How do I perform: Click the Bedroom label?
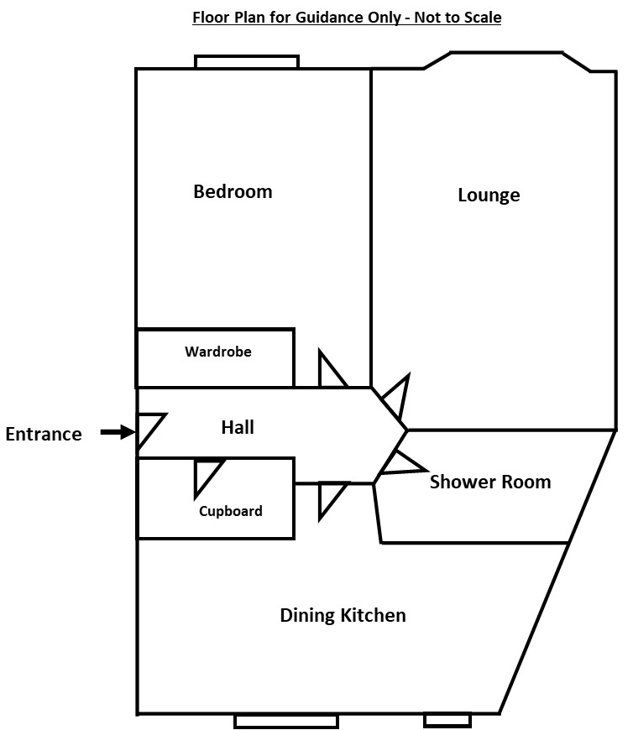[233, 191]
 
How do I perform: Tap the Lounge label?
[489, 195]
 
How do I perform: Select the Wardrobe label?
[218, 352]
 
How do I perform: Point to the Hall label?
[238, 427]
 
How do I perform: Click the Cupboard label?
[231, 511]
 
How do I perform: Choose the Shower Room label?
[490, 482]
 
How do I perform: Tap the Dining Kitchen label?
[343, 616]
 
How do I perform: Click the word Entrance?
[44, 434]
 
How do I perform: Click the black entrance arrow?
[118, 432]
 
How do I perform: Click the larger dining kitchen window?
[286, 722]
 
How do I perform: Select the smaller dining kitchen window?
[447, 720]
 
